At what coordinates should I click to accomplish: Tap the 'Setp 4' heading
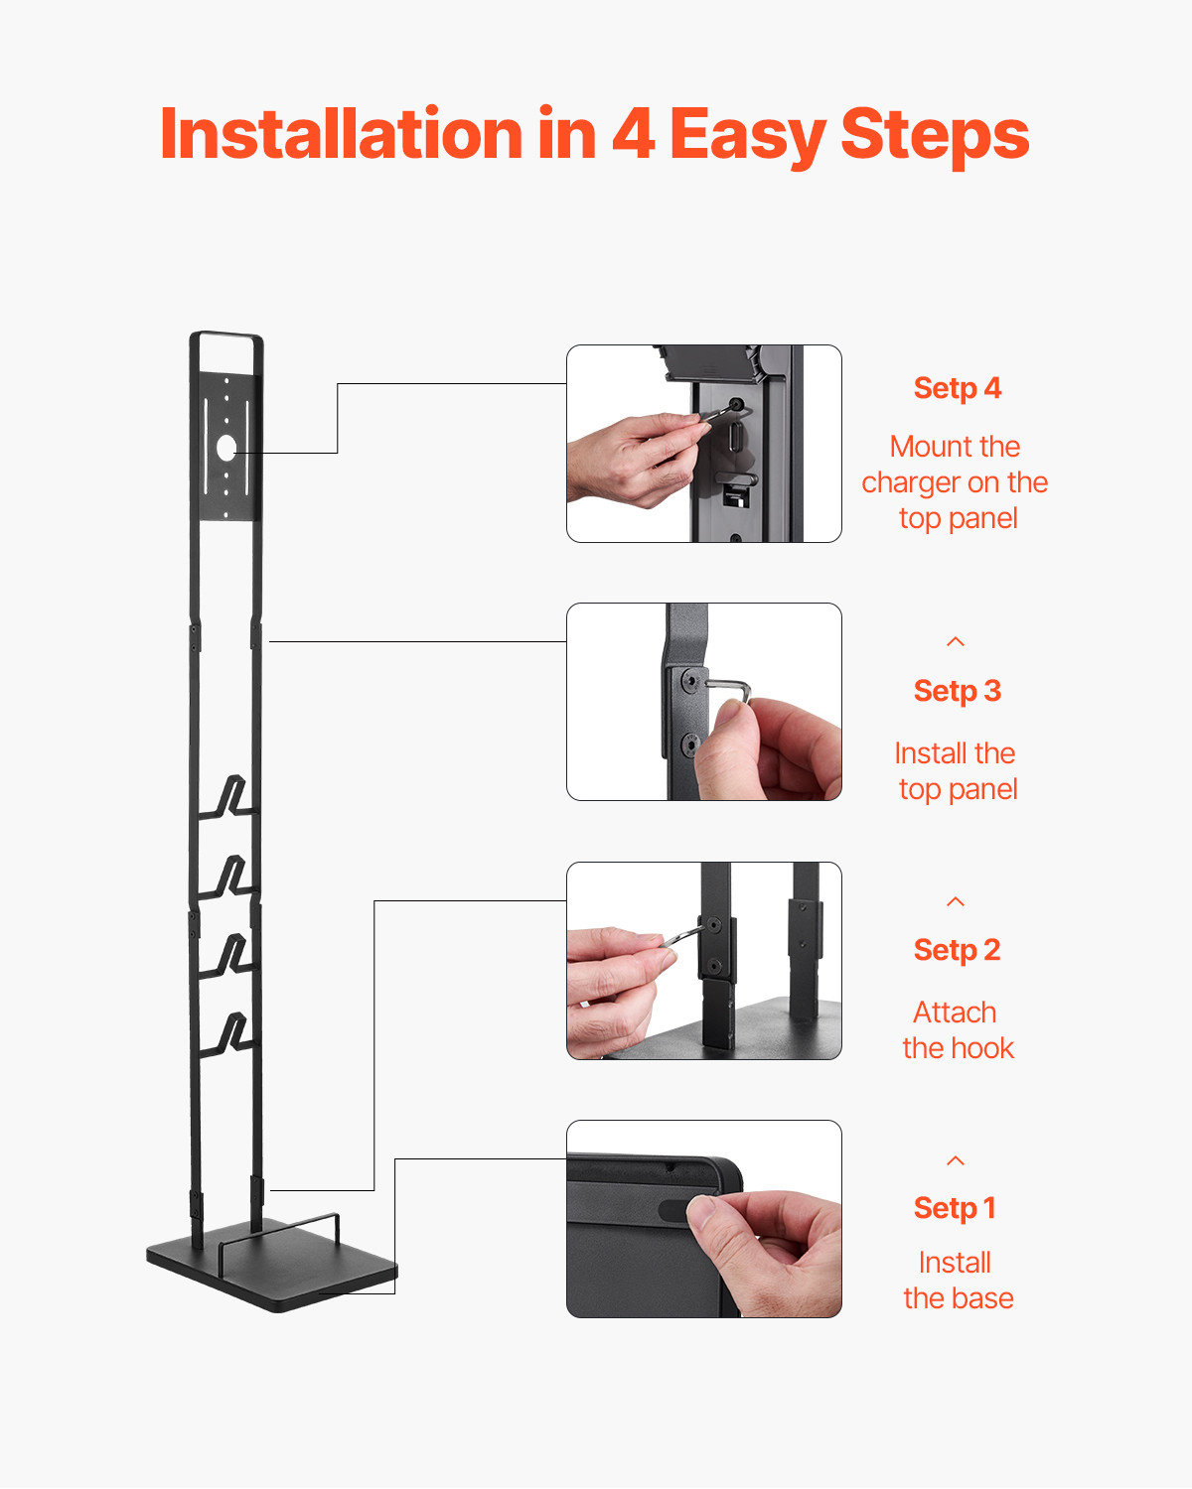957,388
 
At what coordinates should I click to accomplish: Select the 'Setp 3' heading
957,691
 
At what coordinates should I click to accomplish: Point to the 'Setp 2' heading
957,950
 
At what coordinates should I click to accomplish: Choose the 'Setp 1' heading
955,1208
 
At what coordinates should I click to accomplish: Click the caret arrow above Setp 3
956,642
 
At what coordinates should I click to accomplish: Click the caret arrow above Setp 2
956,901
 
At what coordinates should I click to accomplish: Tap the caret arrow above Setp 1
956,1160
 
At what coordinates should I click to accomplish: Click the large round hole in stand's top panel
226,447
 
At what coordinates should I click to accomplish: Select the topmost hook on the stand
229,797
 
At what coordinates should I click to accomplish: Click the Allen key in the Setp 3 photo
729,687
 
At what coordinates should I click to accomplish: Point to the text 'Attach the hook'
957,1030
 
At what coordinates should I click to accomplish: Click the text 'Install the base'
957,1281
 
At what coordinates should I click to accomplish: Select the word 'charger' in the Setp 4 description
911,483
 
